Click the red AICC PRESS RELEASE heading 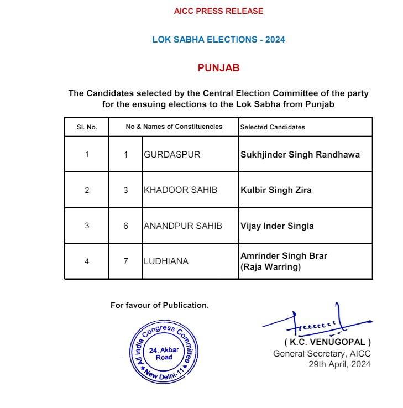tap(218, 11)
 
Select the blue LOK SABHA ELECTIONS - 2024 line tap(218, 40)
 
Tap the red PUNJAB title tap(218, 68)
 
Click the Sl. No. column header tap(87, 127)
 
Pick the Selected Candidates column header tap(273, 127)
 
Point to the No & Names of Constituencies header tap(174, 127)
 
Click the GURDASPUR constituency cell tap(172, 155)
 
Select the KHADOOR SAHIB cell tap(180, 190)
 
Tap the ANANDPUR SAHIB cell tap(182, 226)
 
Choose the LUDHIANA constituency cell tap(166, 261)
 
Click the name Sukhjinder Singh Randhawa tap(300, 155)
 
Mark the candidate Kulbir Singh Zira tap(276, 190)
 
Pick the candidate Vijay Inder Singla tap(277, 226)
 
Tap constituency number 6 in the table tap(125, 226)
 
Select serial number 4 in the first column tap(87, 261)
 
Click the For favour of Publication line tap(160, 305)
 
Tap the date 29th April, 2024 tap(339, 364)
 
